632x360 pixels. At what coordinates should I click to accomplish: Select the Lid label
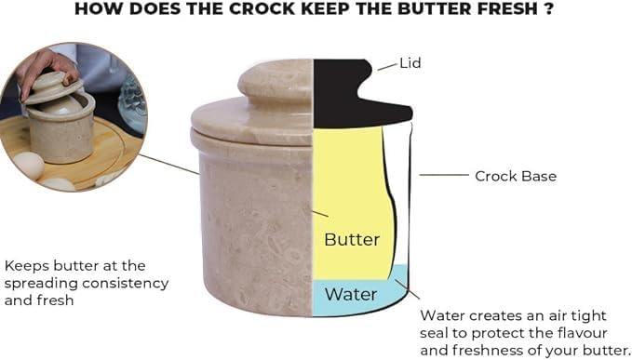[x=410, y=65]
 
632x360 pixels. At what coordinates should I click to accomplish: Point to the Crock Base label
[x=515, y=175]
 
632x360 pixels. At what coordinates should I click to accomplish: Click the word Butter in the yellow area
[x=352, y=240]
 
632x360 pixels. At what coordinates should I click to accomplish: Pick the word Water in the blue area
[x=351, y=295]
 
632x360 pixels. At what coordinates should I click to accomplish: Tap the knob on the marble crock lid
[x=276, y=83]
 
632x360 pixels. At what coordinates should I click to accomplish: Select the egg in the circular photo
[x=28, y=166]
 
